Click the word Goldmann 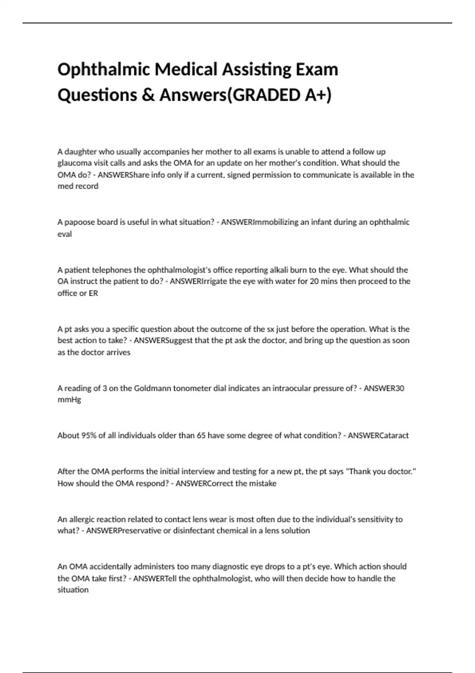[151, 388]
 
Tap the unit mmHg [69, 400]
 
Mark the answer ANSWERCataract [378, 435]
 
